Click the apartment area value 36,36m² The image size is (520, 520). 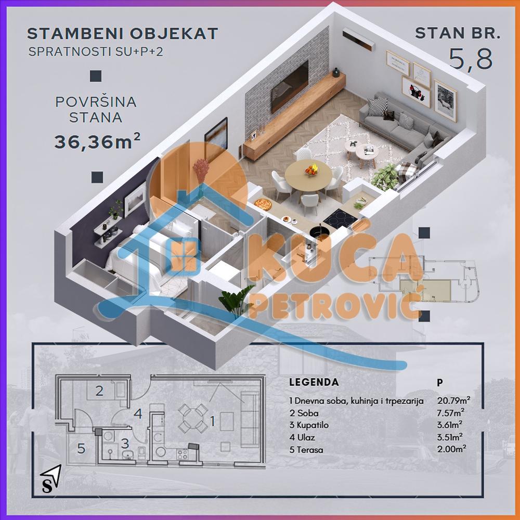point(97,141)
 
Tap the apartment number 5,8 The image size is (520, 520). point(471,60)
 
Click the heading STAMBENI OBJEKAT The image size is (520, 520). point(122,34)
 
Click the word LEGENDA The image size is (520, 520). point(314,382)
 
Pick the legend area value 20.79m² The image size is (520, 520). point(453,401)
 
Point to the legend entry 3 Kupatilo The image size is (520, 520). point(310,425)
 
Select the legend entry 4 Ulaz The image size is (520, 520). point(302,437)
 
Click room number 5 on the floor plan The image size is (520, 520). point(81,448)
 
